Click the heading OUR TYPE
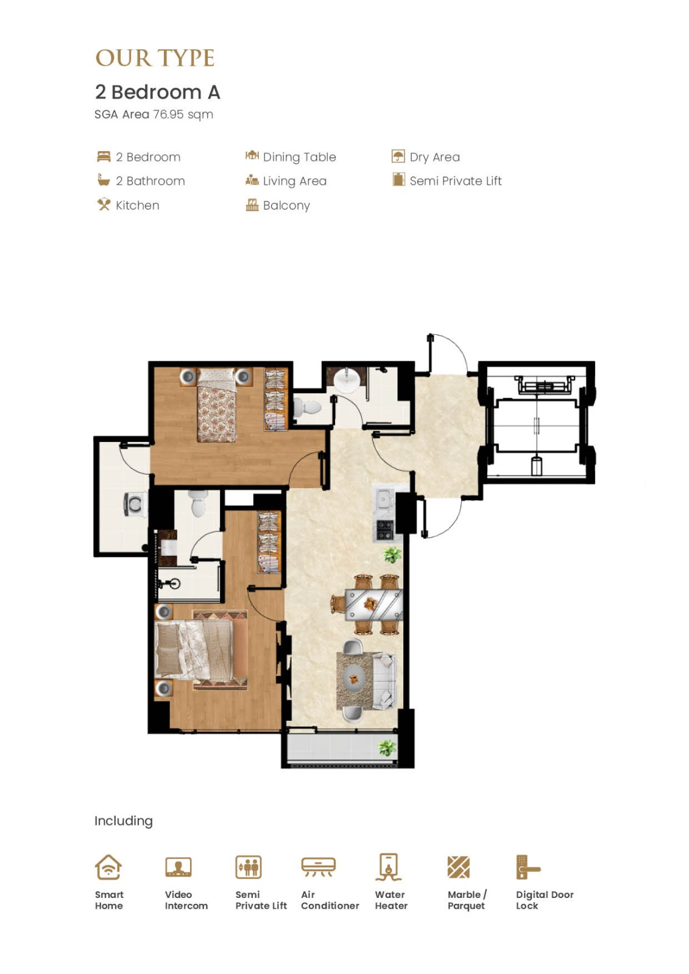pos(155,58)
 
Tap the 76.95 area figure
pos(168,114)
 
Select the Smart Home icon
pos(108,867)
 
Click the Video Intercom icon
pos(178,867)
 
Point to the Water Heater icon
pos(389,867)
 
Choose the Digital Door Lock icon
pos(528,867)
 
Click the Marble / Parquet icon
pos(458,867)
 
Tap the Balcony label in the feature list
pos(286,205)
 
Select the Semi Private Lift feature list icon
pos(398,179)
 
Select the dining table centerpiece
pos(370,603)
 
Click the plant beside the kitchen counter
pos(392,555)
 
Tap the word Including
pos(124,821)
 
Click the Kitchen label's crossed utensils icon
pos(104,204)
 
